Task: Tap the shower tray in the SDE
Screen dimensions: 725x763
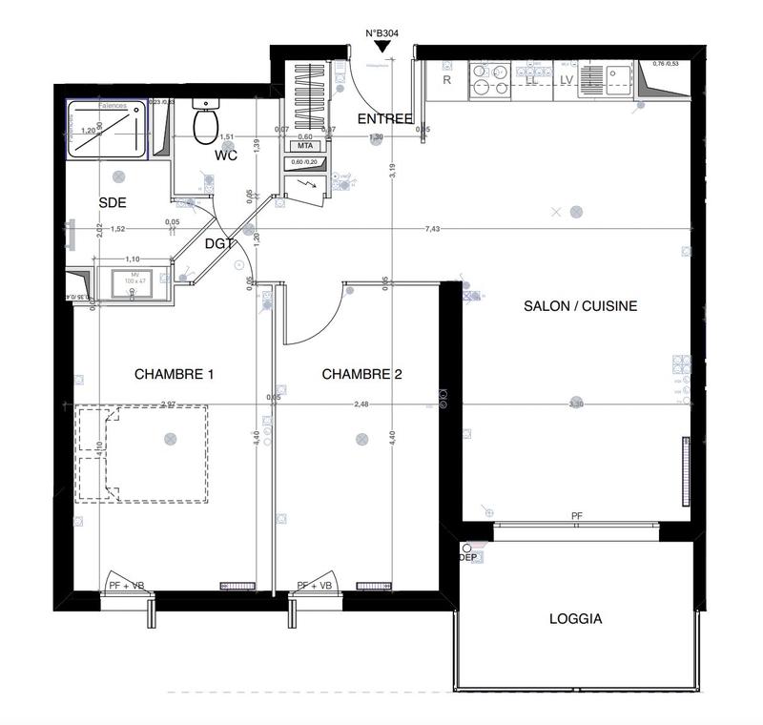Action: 107,130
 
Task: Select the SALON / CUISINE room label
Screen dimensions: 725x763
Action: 580,306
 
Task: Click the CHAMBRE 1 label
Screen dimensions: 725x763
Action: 174,374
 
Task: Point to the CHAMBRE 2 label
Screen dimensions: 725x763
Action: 361,374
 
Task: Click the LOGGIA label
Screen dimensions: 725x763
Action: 575,618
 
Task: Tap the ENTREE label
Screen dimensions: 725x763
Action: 384,118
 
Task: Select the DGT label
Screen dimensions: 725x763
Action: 219,244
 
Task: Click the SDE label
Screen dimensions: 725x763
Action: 113,202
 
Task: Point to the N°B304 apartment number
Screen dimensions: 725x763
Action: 381,33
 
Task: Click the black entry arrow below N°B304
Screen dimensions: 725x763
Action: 381,47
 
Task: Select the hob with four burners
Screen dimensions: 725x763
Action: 488,80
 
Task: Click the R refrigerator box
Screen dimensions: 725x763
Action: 446,80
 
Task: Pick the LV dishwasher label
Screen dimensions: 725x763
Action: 566,80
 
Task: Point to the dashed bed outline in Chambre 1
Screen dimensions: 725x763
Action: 143,453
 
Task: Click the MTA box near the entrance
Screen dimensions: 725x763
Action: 306,146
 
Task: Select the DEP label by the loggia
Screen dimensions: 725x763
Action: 467,556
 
